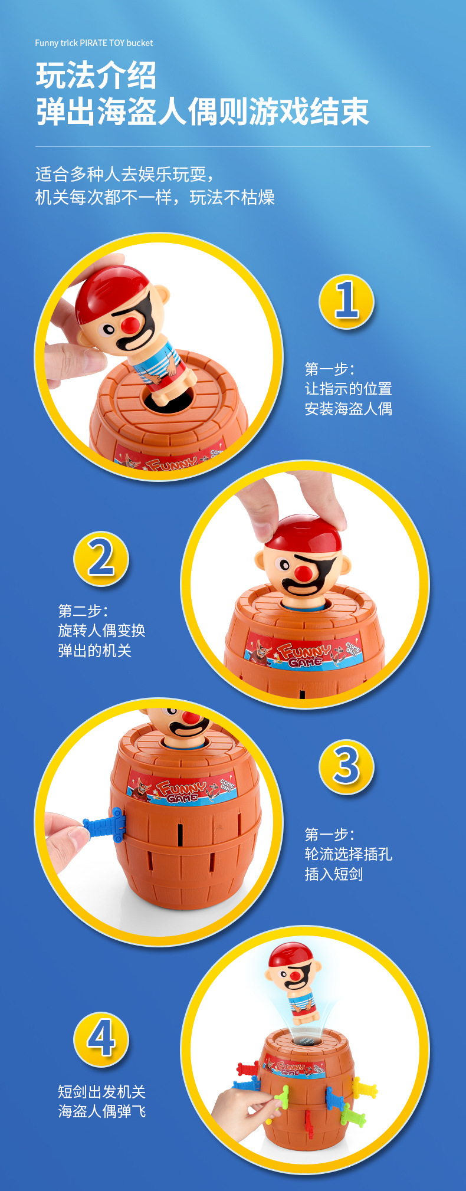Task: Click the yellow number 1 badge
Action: point(346,301)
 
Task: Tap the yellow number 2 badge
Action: point(101,559)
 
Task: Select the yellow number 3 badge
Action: point(346,766)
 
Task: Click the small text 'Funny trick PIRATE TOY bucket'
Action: point(94,43)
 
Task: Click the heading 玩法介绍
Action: point(96,76)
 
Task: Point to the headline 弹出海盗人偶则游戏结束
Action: point(202,111)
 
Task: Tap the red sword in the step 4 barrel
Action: point(248,1068)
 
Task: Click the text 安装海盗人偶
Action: point(348,409)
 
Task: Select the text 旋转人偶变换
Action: point(101,631)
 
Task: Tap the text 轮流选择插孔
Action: point(348,854)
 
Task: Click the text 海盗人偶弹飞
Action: point(101,1111)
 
